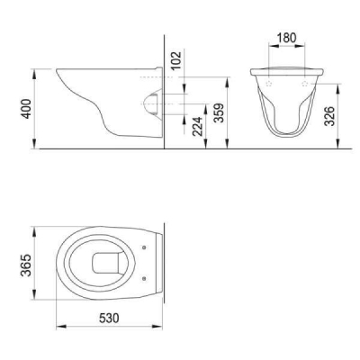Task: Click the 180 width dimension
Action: click(286, 39)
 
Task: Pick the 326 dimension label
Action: click(331, 115)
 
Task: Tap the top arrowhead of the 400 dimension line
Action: click(36, 68)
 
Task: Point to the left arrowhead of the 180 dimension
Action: click(269, 50)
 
